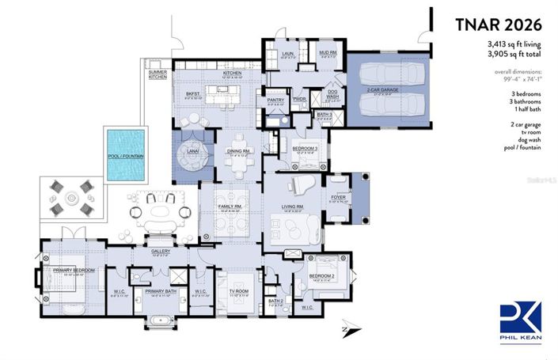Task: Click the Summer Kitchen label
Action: click(158, 77)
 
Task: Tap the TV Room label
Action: click(237, 292)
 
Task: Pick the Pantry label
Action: click(275, 100)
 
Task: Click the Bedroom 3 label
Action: click(305, 149)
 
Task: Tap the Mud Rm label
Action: click(328, 54)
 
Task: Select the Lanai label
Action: click(191, 150)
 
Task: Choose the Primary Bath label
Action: click(161, 292)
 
